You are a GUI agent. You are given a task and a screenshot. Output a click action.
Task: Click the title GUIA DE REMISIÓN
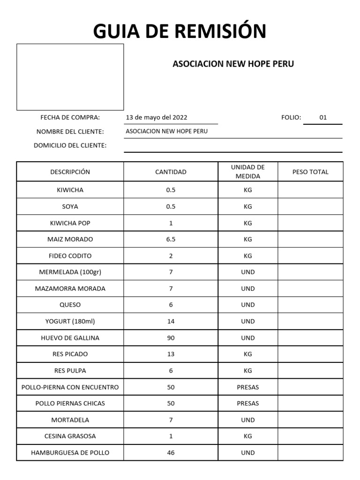pos(180,31)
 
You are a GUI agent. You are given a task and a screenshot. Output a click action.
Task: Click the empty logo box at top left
pos(70,77)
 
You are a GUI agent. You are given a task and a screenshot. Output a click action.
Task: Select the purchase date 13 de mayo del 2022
pos(157,118)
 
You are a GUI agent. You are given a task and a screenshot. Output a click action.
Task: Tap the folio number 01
pos(323,118)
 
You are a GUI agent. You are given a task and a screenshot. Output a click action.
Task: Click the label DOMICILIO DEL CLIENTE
pos(70,145)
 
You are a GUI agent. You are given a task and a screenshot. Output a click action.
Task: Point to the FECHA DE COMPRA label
pos(70,118)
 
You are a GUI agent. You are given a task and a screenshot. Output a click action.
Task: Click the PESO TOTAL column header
pos(310,172)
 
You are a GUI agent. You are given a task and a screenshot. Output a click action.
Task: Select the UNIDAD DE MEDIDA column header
pos(248,172)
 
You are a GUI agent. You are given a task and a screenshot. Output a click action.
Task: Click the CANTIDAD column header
pos(171,172)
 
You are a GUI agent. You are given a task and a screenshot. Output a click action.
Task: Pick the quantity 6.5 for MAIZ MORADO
pos(171,240)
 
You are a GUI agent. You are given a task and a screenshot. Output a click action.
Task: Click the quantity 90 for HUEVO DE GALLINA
pos(171,338)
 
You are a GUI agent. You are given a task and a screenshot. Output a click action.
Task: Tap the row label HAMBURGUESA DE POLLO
pos(70,453)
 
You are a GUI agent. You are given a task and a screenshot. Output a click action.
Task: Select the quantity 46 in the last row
pos(171,453)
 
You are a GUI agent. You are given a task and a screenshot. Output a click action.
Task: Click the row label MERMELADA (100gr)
pos(70,272)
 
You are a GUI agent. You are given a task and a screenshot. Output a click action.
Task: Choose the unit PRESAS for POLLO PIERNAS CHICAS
pos(248,404)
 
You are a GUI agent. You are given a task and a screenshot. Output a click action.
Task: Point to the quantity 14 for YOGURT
pos(171,322)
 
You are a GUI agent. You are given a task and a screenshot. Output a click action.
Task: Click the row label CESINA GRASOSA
pos(70,436)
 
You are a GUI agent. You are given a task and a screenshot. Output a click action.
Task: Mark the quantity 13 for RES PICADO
pos(171,354)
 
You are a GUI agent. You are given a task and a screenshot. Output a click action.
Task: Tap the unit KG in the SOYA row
pos(248,207)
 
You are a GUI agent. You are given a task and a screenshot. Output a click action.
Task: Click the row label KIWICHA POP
pos(70,223)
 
